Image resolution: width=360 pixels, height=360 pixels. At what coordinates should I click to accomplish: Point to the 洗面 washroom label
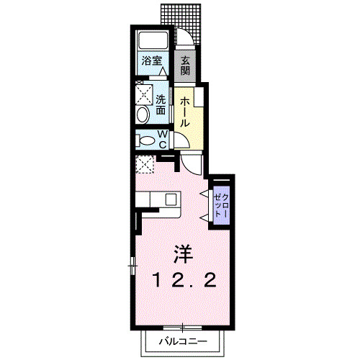[x=161, y=105]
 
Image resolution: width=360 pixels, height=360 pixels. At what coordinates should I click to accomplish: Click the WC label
[x=162, y=140]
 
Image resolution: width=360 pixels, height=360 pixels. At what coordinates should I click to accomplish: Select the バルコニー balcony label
[x=183, y=341]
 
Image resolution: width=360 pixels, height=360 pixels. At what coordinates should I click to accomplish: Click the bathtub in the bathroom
[x=152, y=40]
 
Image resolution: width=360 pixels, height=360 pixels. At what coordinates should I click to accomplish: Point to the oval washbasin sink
[x=143, y=114]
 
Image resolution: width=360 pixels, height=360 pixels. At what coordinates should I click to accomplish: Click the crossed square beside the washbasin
[x=143, y=94]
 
